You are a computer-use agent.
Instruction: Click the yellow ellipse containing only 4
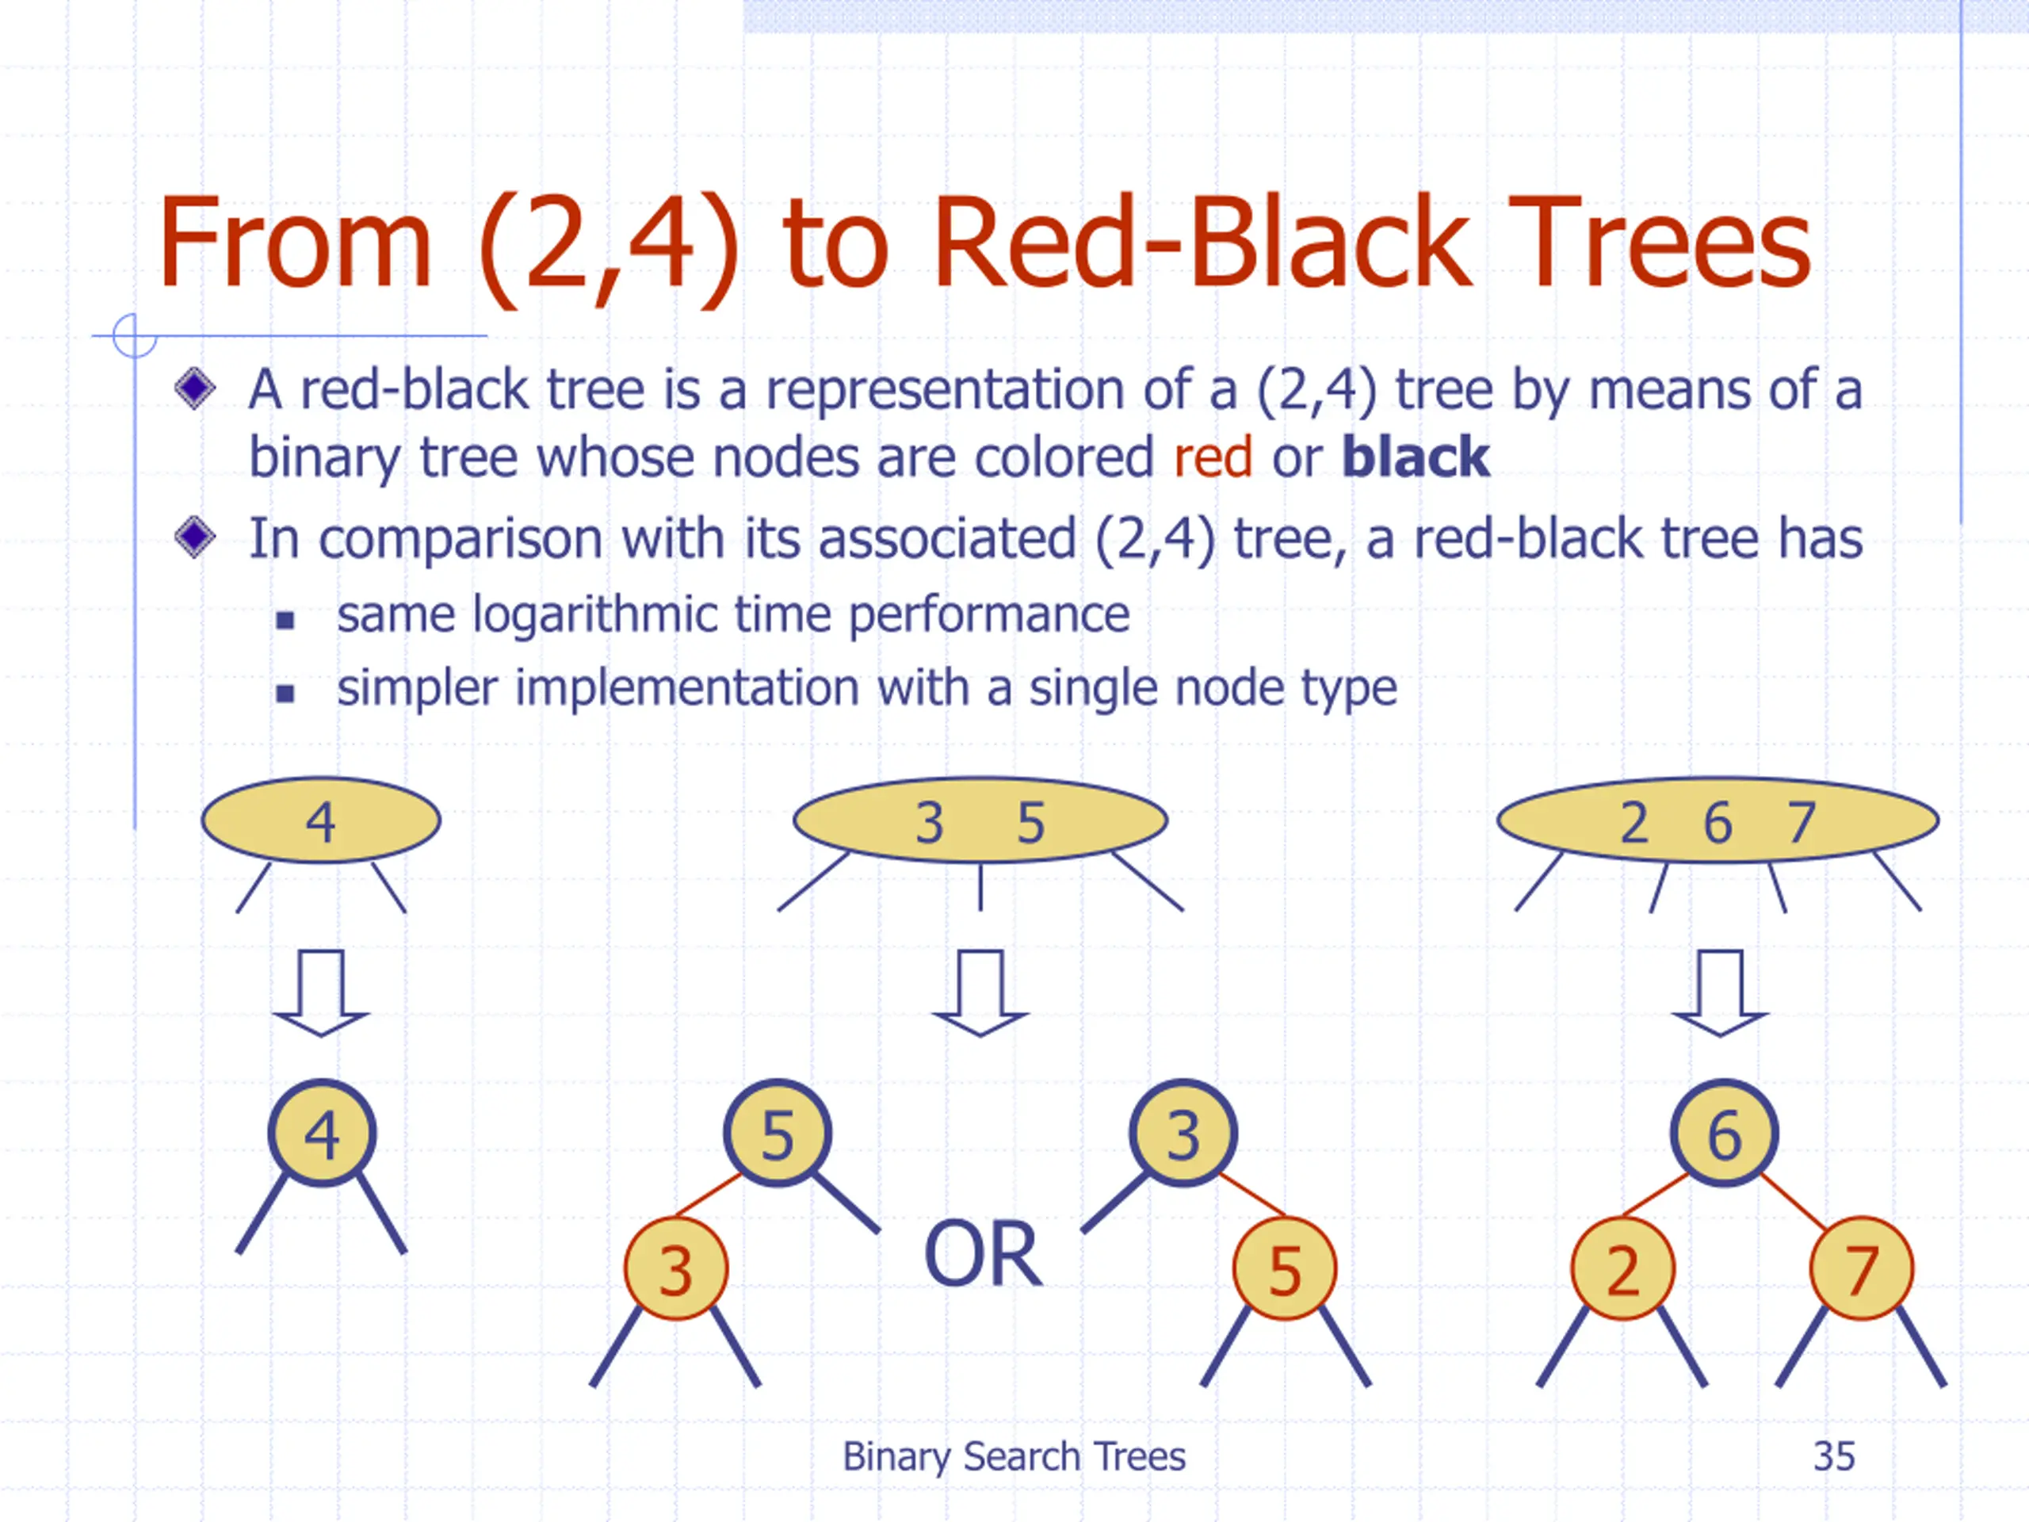click(320, 820)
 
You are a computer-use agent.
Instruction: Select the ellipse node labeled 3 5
click(980, 820)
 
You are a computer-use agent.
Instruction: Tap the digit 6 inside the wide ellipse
click(1718, 823)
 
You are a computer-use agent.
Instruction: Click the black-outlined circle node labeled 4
click(322, 1134)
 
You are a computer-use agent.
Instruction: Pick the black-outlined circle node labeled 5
click(777, 1134)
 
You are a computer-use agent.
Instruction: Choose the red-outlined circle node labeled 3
click(676, 1270)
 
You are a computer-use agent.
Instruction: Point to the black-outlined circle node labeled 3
click(1183, 1134)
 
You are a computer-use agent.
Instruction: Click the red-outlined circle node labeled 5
click(1284, 1270)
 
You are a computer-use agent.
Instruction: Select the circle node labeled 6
click(1724, 1134)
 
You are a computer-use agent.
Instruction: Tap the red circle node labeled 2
click(1622, 1270)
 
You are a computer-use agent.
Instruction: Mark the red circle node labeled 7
click(1861, 1270)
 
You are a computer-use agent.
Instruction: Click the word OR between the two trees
click(982, 1255)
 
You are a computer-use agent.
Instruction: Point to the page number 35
click(1833, 1457)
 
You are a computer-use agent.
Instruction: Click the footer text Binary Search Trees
click(1014, 1457)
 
